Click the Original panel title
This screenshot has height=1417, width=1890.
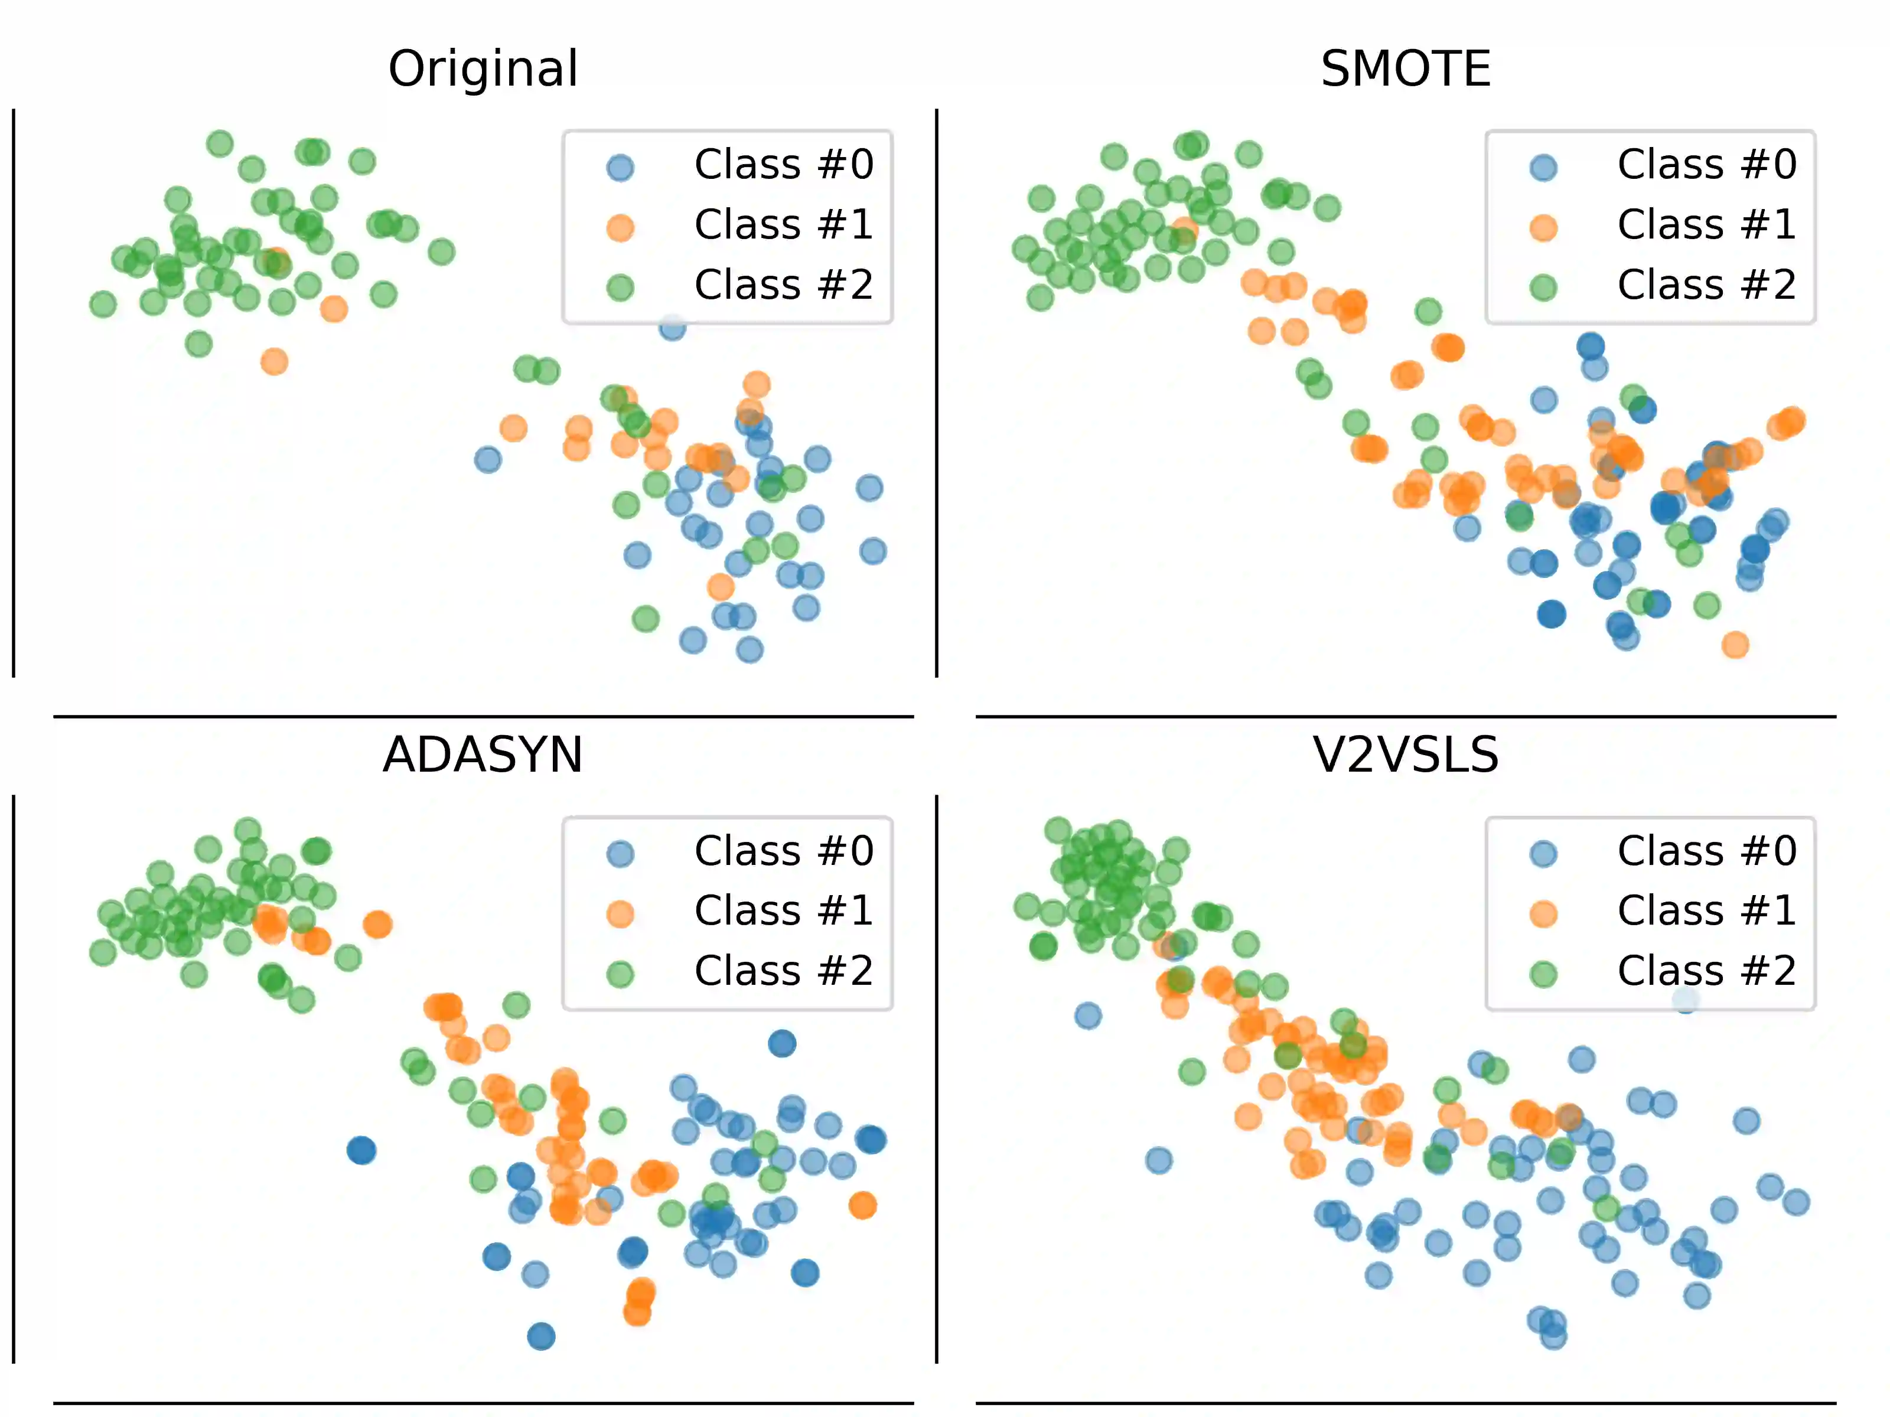point(483,68)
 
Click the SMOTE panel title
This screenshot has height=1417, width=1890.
point(1406,68)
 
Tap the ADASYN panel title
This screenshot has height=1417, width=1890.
point(483,755)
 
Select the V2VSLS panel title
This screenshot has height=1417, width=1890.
point(1406,755)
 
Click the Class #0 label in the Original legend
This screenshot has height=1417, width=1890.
point(784,164)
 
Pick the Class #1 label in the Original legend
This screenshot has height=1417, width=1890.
point(784,224)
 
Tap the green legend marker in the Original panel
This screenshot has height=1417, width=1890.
point(620,287)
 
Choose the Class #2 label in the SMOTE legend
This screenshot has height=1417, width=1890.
point(1706,285)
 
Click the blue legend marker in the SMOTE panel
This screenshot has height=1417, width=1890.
point(1543,166)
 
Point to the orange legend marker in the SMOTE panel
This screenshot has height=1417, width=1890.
point(1543,227)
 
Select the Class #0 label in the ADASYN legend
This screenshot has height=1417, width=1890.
point(784,851)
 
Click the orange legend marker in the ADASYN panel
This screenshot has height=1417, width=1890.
point(620,913)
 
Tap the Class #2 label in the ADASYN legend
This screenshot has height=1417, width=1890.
point(784,971)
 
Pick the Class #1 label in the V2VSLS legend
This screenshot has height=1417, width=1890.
point(1706,910)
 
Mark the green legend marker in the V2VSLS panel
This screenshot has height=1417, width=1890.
point(1543,974)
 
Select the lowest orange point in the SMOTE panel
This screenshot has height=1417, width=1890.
point(1735,645)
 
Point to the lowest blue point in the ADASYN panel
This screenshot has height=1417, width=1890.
point(541,1336)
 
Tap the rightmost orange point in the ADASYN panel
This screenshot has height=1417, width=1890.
point(863,1205)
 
